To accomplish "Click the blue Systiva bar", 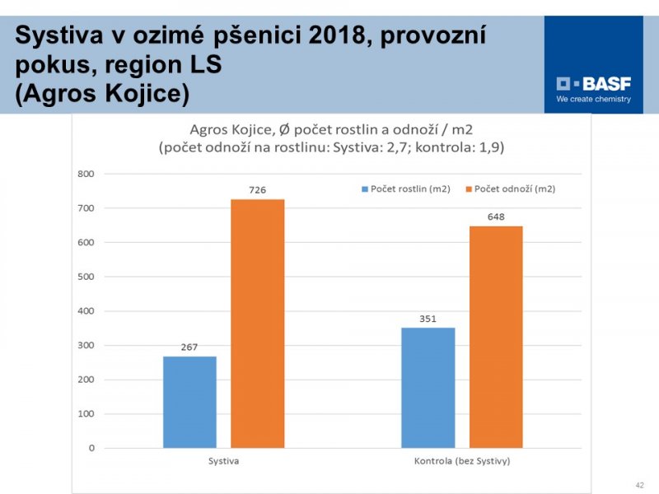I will (189, 402).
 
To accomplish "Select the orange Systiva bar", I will (257, 323).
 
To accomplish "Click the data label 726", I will (257, 190).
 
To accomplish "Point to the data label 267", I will (189, 347).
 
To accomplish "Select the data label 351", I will (428, 319).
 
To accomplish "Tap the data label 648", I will (496, 217).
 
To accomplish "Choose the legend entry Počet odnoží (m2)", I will (514, 189).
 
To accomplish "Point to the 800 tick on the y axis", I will (86, 174).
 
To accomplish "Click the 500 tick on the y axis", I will (86, 277).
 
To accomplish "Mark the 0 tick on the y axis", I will (91, 448).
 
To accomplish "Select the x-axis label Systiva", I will (223, 461).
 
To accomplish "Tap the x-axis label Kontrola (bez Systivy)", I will (462, 461).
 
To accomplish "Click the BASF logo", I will (592, 83).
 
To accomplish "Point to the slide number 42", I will (640, 484).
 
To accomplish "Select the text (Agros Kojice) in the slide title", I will (103, 93).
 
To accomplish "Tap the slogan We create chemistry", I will (593, 99).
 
